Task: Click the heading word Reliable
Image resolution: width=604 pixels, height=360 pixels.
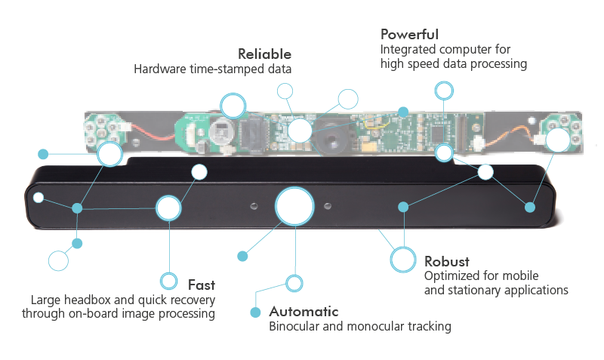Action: [x=264, y=54]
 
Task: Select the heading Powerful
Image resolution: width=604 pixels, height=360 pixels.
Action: [x=409, y=35]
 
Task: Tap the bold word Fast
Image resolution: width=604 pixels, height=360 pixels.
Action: [x=201, y=285]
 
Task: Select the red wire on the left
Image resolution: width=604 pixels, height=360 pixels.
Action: [x=151, y=138]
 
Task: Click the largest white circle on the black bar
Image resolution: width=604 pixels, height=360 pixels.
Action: [x=294, y=207]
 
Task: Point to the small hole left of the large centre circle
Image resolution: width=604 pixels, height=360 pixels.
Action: [x=255, y=205]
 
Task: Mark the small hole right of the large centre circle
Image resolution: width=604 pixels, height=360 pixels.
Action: [x=327, y=205]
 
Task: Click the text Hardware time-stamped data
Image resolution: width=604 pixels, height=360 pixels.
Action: [x=212, y=69]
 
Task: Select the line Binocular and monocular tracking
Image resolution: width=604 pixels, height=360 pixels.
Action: [x=359, y=327]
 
